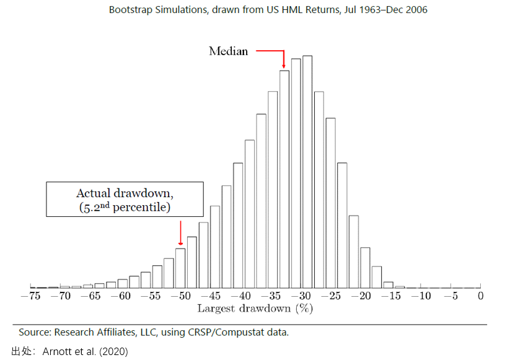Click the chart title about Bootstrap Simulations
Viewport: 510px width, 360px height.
tap(268, 10)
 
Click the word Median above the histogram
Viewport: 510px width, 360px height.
tap(228, 51)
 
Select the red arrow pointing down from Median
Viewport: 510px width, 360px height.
tap(283, 58)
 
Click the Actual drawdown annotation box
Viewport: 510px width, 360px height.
tap(125, 199)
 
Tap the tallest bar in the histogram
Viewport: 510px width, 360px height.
tap(307, 172)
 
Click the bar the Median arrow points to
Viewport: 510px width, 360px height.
tap(284, 179)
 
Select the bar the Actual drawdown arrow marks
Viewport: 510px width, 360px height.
tap(180, 268)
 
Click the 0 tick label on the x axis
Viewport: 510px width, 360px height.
tap(480, 296)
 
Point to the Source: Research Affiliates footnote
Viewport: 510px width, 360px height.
tap(153, 333)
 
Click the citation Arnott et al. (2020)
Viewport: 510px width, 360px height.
tap(85, 351)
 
